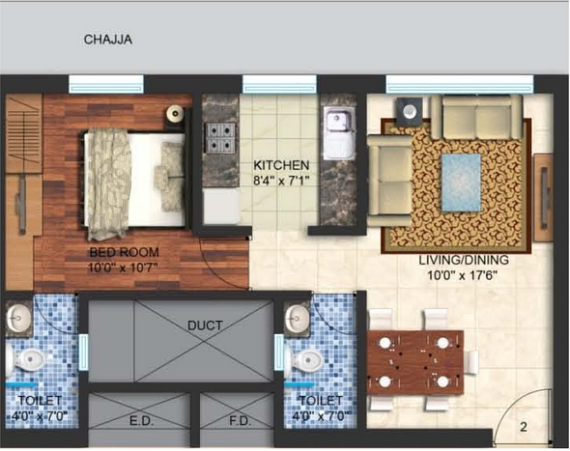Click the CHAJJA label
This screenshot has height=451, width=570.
click(108, 40)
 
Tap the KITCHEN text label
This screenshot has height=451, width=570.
click(281, 165)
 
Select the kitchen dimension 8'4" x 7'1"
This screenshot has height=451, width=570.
click(281, 181)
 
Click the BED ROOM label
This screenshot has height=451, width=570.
click(125, 252)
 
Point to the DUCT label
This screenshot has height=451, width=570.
click(205, 325)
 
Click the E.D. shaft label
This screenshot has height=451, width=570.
click(142, 421)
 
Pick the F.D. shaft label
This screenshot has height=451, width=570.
click(240, 421)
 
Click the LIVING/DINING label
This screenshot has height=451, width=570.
click(464, 260)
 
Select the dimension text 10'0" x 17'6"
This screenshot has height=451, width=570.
click(462, 275)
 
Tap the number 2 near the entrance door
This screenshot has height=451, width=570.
click(524, 427)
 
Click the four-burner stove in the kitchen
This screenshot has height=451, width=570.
click(220, 138)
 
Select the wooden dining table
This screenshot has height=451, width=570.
click(415, 363)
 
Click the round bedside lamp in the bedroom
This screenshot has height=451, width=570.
click(175, 114)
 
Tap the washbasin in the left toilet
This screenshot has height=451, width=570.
click(18, 318)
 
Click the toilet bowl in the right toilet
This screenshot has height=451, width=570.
click(305, 360)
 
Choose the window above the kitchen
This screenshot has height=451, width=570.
click(279, 84)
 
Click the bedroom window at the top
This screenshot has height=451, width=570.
click(106, 84)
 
